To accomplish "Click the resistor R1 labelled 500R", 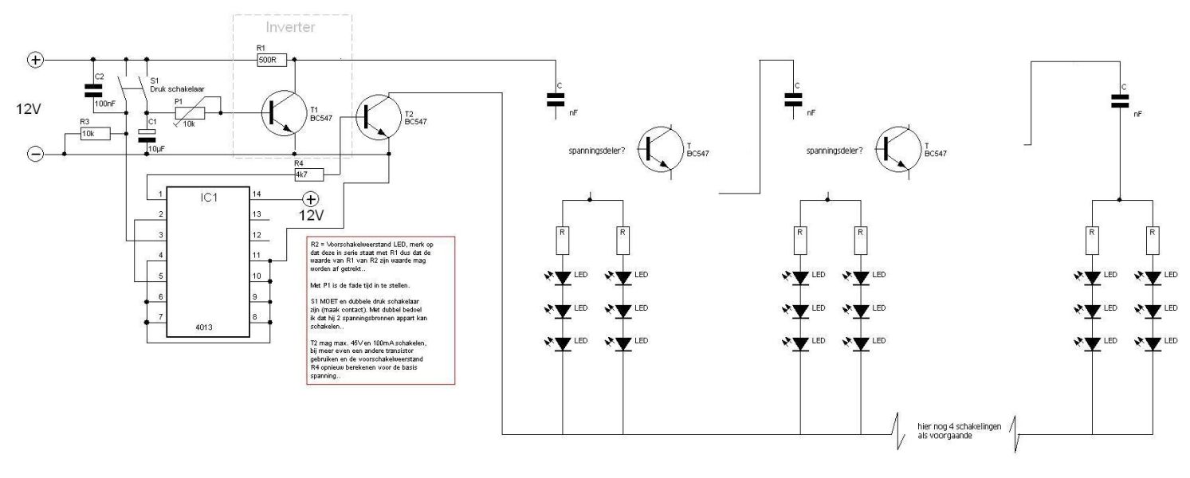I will tap(269, 60).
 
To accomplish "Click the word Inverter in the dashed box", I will tap(293, 27).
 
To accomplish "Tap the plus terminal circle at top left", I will tap(35, 60).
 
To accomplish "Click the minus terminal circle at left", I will tap(35, 155).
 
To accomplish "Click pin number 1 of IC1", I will tap(160, 194).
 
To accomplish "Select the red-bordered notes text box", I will tap(380, 310).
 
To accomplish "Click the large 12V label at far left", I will tap(26, 108).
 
